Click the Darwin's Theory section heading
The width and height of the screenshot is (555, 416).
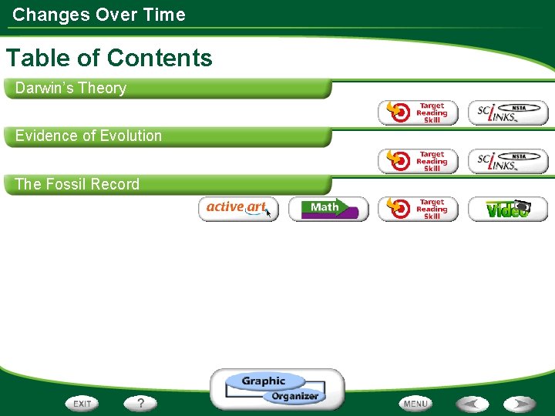tap(71, 88)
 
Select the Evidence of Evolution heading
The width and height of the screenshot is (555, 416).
tap(89, 136)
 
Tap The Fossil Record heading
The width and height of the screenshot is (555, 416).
tap(77, 184)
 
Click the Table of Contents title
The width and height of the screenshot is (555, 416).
tap(109, 58)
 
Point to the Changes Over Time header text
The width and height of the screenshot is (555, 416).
tap(99, 15)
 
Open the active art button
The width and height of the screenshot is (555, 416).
tap(238, 208)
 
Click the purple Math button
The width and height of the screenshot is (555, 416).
tap(328, 209)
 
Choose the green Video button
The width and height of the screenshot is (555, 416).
tap(508, 209)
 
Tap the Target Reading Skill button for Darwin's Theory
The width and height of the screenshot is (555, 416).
tap(418, 112)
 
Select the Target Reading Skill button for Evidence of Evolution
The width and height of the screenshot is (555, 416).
tap(418, 161)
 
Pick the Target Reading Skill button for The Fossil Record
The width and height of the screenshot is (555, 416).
tap(418, 209)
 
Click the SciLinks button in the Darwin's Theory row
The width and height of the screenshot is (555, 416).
tap(508, 112)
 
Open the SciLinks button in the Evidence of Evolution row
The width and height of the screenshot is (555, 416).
tap(508, 161)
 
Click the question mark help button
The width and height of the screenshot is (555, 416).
tap(140, 403)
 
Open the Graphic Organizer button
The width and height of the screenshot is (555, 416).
tap(277, 388)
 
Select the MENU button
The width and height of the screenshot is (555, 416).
tap(415, 403)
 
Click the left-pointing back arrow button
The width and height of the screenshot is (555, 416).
tap(471, 403)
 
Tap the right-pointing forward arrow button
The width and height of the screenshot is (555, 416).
tap(520, 403)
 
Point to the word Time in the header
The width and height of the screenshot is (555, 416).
tap(165, 15)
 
